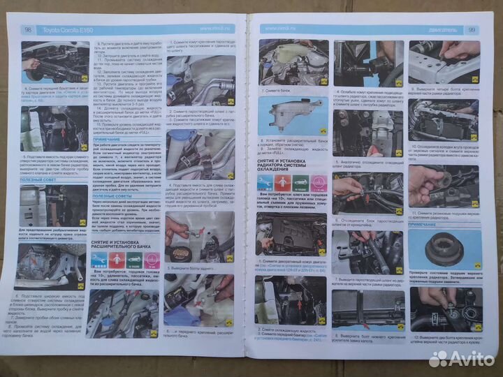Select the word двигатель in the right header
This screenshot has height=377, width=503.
(447, 30)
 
